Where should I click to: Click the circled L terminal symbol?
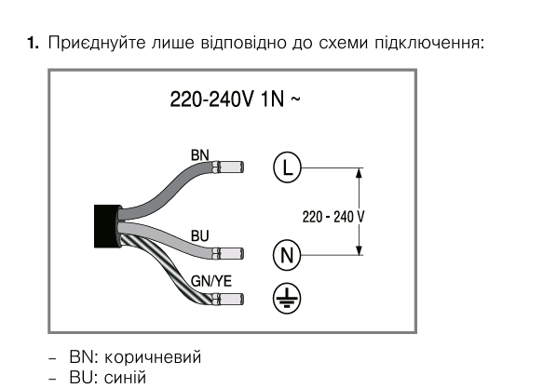point(288,167)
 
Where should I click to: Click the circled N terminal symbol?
point(288,253)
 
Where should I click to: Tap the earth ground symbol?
point(288,297)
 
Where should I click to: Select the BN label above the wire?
point(201,154)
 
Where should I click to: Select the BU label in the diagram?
point(200,236)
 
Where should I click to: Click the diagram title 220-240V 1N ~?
point(234,100)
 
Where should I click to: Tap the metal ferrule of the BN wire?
point(228,167)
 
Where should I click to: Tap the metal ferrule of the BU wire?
point(228,253)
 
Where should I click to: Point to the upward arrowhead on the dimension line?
point(360,173)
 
